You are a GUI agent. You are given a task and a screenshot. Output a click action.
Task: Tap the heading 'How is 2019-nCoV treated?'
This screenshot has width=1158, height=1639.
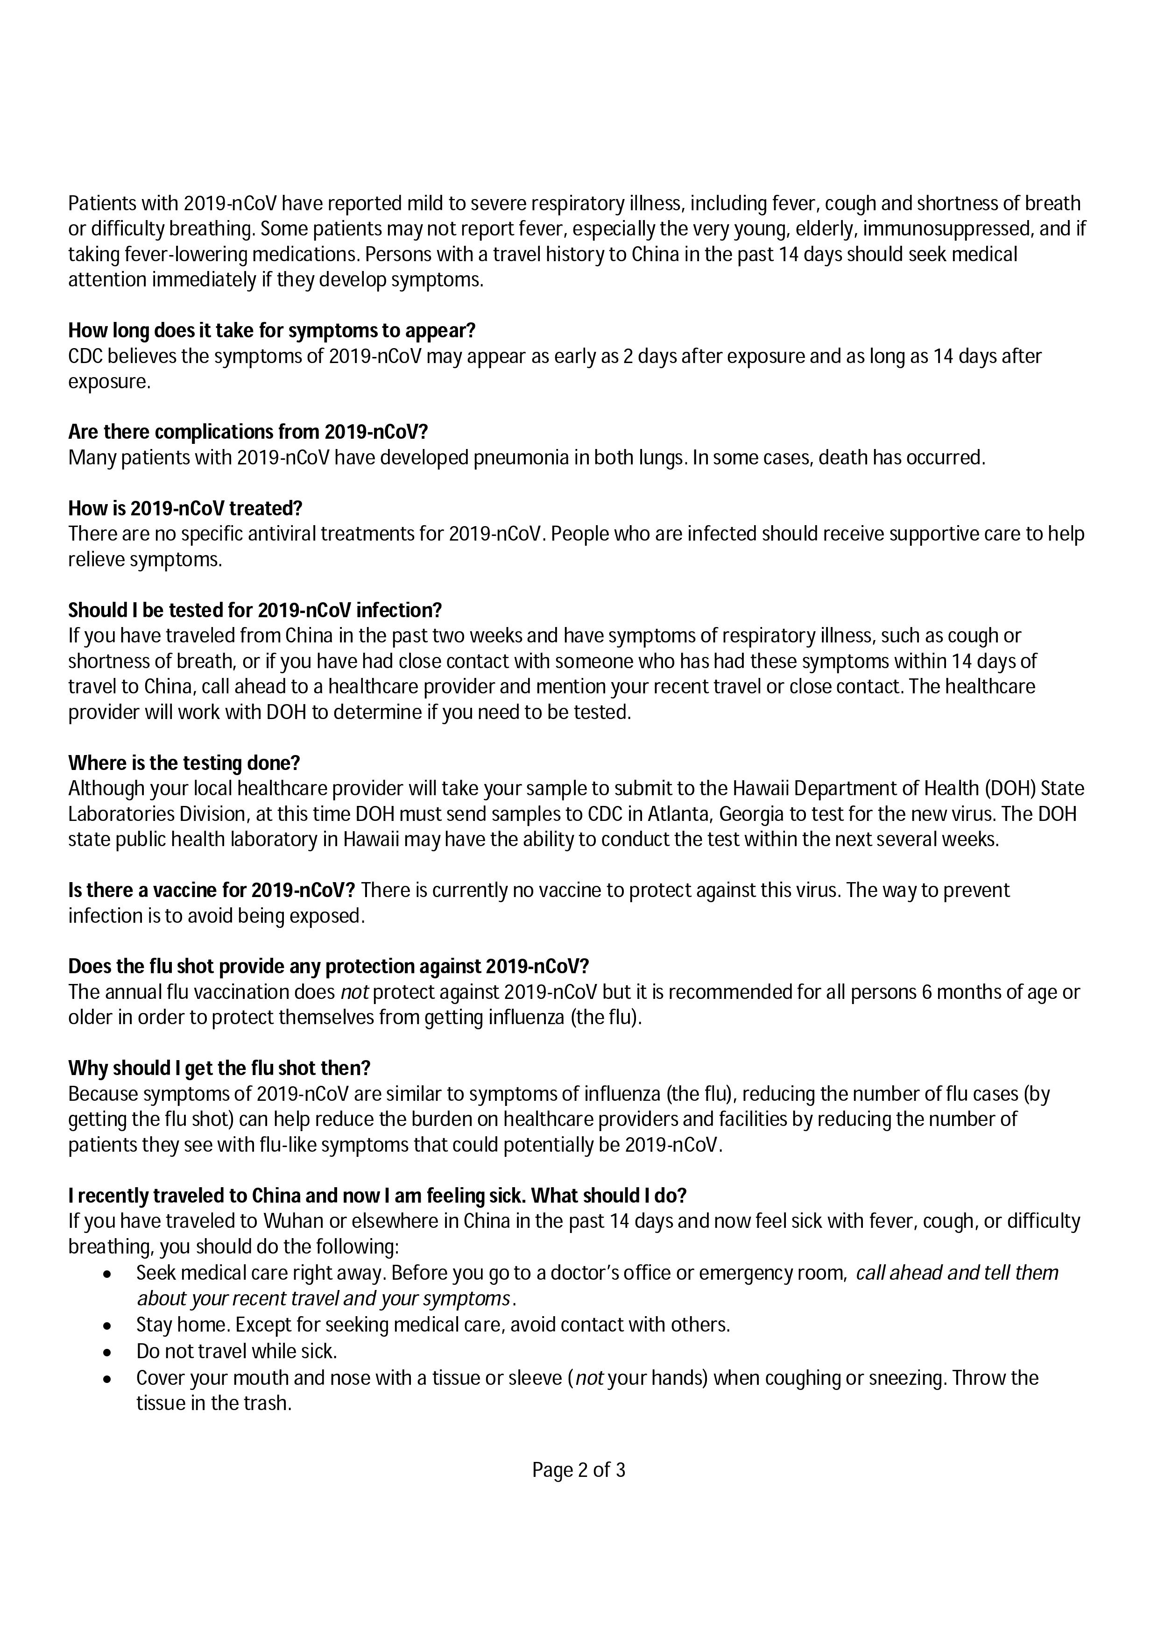pyautogui.click(x=185, y=508)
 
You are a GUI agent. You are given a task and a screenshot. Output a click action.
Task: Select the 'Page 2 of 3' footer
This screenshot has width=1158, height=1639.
pyautogui.click(x=579, y=1470)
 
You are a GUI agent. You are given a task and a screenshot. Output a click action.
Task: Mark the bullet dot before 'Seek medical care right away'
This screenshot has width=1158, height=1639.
pyautogui.click(x=107, y=1274)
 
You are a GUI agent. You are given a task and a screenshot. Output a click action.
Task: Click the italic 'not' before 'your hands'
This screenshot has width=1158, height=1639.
pyautogui.click(x=589, y=1378)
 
